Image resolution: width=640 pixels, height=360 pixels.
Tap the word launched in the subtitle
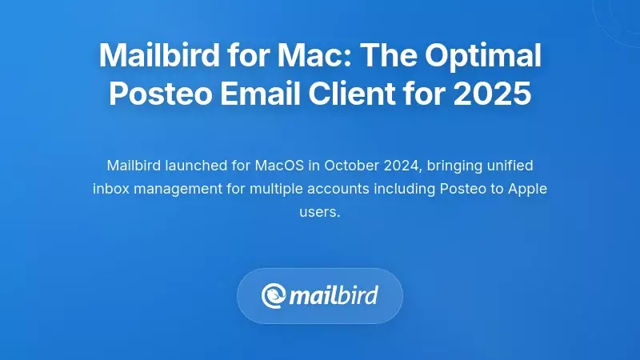[205, 166]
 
